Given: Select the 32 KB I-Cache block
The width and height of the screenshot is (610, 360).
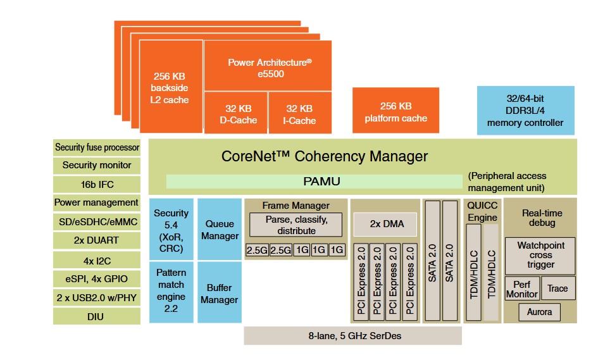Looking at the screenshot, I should click(300, 114).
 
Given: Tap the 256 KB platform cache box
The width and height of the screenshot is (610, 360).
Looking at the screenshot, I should click(395, 111).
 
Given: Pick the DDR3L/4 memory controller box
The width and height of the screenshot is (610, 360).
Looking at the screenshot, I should click(525, 111).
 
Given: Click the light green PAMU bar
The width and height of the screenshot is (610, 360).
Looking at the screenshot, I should click(314, 182).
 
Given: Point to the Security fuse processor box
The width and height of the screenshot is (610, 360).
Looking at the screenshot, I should click(97, 147).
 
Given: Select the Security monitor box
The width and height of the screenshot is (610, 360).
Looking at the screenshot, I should click(97, 165).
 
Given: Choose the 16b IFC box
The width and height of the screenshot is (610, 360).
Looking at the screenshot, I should click(97, 184).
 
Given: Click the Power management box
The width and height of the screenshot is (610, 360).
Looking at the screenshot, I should click(97, 202).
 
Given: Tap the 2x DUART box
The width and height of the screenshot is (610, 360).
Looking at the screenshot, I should click(97, 240).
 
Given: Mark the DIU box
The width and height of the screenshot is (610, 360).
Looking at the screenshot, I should click(97, 316).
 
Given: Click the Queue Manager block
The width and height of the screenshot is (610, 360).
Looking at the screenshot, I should click(220, 230).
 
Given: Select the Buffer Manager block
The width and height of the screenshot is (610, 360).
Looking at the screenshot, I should click(220, 294).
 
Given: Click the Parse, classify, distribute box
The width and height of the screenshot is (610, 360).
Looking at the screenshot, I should click(296, 225).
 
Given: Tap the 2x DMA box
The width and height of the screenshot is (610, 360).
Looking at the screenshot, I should click(386, 225).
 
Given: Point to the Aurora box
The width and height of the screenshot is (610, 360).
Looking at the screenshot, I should click(539, 312).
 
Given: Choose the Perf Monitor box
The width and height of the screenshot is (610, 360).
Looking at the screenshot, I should click(522, 289).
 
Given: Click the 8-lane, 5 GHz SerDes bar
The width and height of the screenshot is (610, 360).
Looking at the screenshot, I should click(352, 335).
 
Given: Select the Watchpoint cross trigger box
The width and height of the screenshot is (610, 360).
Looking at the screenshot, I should click(540, 255).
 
